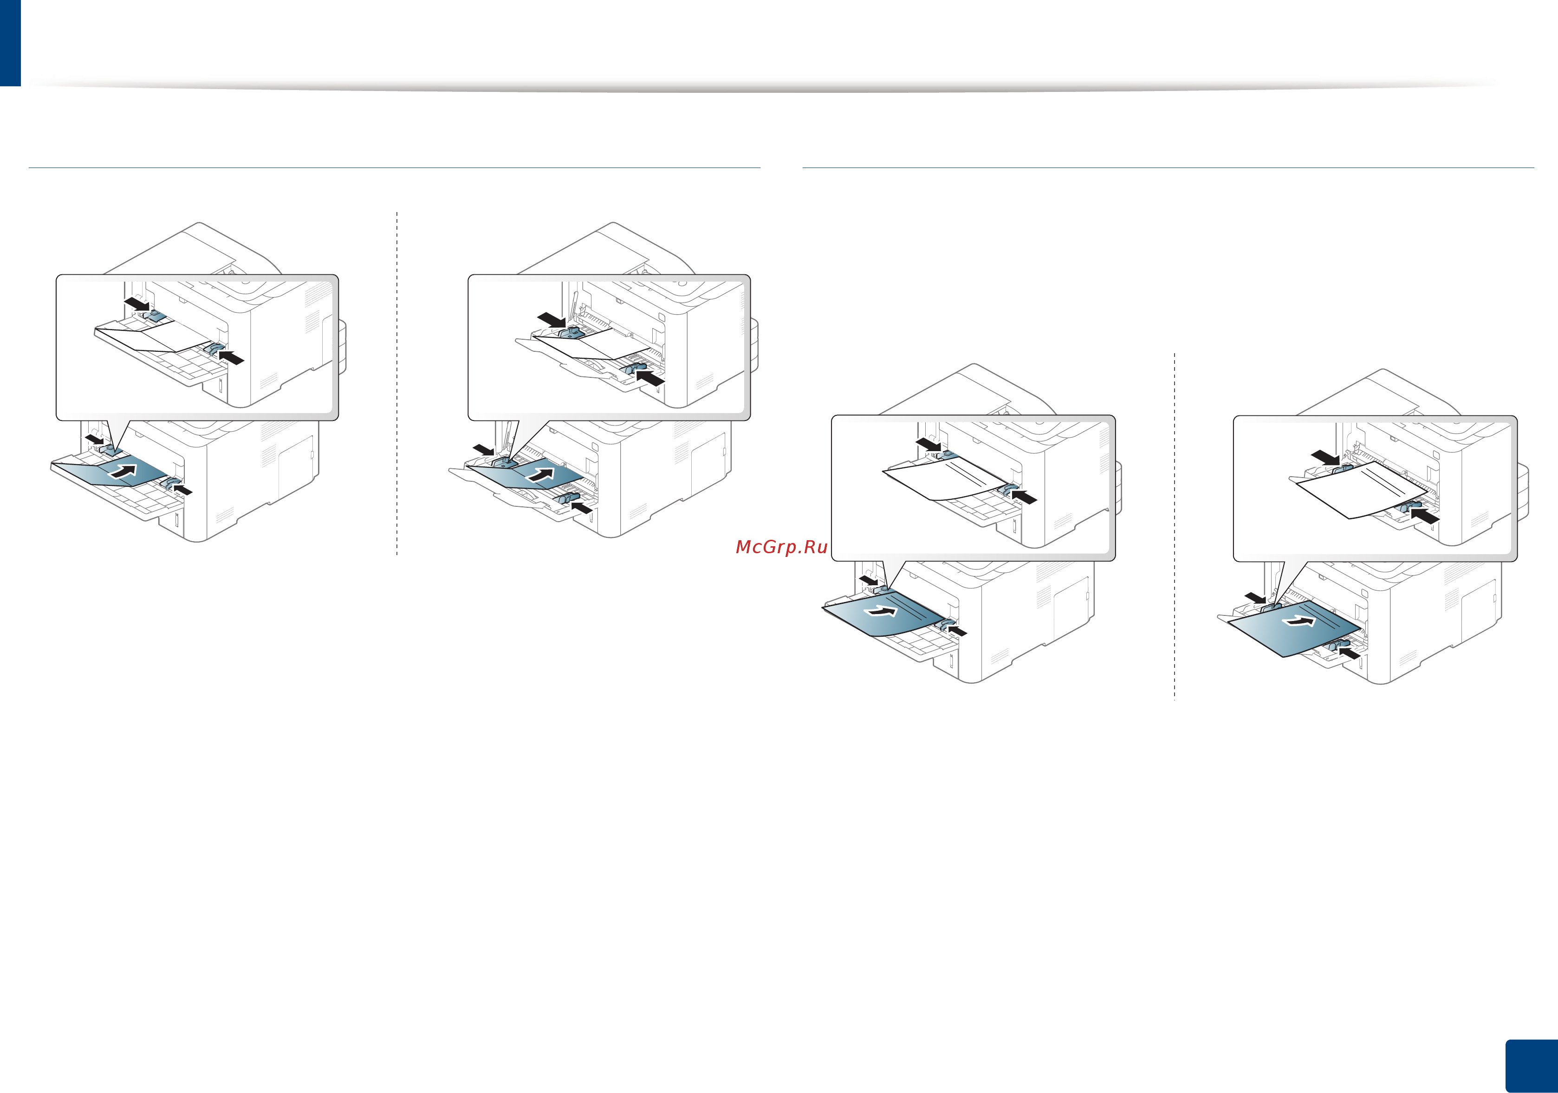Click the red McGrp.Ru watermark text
pos(781,548)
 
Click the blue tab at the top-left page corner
pos(10,43)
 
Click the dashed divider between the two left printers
pos(397,383)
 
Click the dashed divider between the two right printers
pos(1175,526)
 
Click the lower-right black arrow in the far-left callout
pos(231,357)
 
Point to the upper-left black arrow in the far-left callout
pos(136,304)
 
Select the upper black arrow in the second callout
pos(551,320)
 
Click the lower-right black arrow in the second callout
pos(650,377)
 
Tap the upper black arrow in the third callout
pos(928,444)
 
